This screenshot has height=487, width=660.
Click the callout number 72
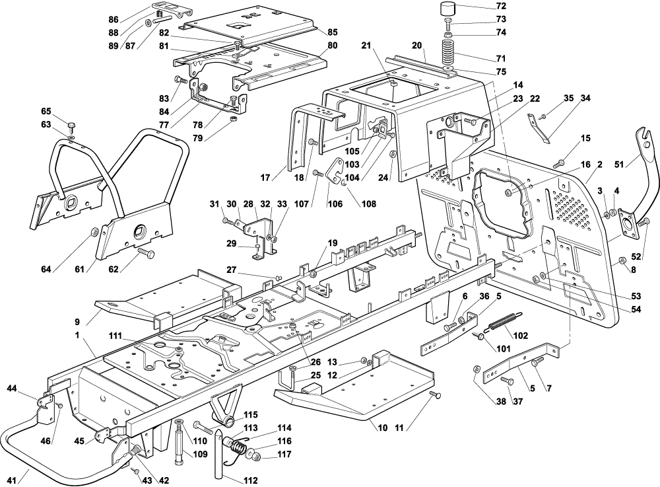501,7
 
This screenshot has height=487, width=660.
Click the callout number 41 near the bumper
12,480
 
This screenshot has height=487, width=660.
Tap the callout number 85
333,32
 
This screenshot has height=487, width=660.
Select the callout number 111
115,336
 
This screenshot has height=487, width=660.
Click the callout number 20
416,46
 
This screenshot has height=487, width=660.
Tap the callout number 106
335,204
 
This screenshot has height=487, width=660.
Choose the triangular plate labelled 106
338,170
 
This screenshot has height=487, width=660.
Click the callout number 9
77,322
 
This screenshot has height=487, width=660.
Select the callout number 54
636,310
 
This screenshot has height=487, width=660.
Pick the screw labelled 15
560,163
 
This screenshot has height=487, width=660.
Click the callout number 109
200,454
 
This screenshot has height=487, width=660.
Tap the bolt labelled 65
71,126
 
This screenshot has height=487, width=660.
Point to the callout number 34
585,98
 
